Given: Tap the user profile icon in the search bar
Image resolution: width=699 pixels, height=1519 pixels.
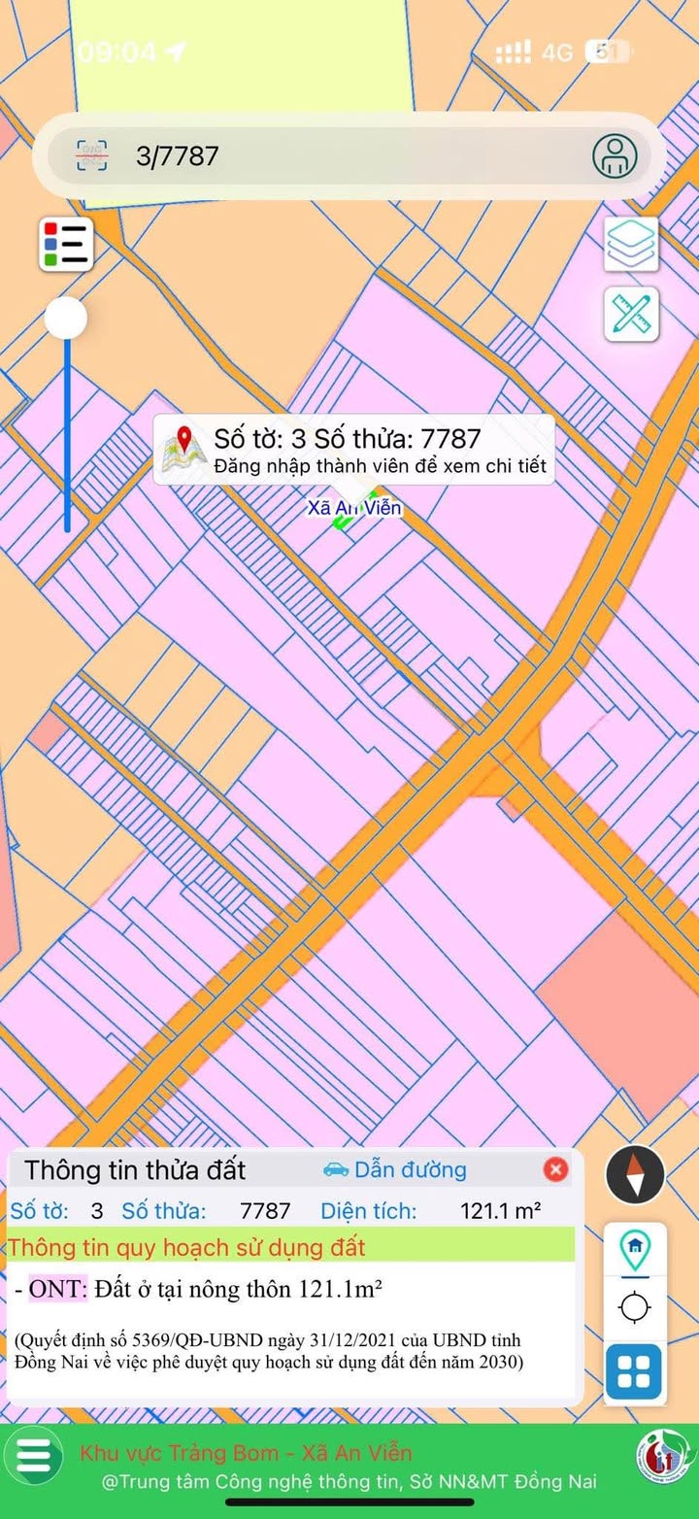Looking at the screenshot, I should [x=616, y=155].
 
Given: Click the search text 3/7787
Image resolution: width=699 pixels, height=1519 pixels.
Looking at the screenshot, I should [x=178, y=155].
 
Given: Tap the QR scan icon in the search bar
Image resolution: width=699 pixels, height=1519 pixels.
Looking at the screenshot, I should [x=92, y=155].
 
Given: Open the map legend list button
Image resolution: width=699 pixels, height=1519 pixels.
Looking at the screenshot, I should [x=66, y=244].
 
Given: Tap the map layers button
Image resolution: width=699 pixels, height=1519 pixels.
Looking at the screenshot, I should [x=631, y=244].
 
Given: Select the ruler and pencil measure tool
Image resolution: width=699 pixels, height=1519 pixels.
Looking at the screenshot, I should [x=631, y=314].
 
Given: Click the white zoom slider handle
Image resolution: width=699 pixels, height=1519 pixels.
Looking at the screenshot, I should [x=66, y=318].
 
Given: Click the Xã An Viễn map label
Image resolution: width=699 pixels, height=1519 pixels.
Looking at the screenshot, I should [x=354, y=508].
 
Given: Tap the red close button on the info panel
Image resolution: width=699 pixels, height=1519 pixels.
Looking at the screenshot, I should [x=555, y=1169].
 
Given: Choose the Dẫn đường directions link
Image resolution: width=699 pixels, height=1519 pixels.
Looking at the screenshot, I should [x=396, y=1169].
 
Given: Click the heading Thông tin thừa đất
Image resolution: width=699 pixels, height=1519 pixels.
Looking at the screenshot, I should [x=135, y=1170].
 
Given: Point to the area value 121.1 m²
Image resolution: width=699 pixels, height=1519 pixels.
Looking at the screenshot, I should [x=500, y=1211].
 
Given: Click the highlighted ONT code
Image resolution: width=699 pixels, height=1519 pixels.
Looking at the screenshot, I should [x=57, y=1290].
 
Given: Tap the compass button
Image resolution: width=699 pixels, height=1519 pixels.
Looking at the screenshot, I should [x=635, y=1174].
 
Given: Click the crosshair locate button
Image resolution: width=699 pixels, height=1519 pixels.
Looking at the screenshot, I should [x=635, y=1307].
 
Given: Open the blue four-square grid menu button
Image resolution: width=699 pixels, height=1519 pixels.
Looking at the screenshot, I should [x=634, y=1372].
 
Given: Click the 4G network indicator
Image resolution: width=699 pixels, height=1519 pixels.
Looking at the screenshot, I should [x=557, y=52].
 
